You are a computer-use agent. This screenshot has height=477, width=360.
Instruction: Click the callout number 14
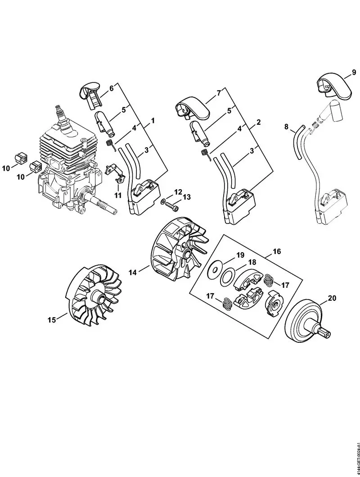pos(132,272)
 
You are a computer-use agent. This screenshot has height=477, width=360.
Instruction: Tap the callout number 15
pos(52,320)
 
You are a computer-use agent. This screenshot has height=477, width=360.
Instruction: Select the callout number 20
pos(332,298)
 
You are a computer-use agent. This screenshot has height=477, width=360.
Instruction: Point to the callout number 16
pos(276,252)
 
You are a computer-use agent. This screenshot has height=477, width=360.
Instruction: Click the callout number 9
pos(354,72)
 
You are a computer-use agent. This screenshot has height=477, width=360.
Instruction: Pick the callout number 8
pos(286,127)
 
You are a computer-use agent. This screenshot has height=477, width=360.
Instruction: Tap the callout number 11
pos(118,195)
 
